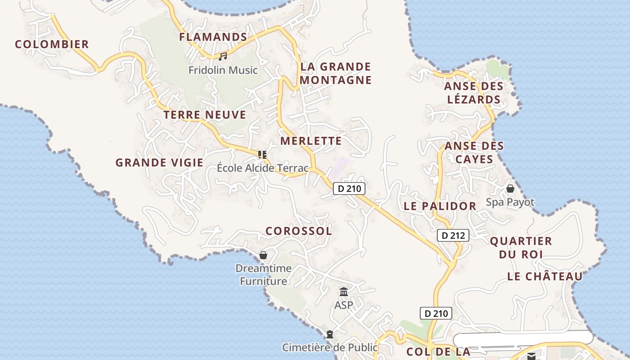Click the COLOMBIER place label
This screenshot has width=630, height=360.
click(x=52, y=44)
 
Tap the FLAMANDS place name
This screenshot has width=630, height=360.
click(x=213, y=37)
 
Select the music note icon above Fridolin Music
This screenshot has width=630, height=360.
click(x=223, y=56)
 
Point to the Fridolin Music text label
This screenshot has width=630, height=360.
click(x=223, y=70)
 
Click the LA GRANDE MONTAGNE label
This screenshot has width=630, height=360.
click(x=336, y=73)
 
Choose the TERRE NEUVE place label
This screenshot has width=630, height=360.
click(x=205, y=115)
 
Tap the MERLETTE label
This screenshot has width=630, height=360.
click(x=311, y=141)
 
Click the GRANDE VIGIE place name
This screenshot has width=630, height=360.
click(x=159, y=162)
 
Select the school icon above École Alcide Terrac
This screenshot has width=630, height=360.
click(x=263, y=155)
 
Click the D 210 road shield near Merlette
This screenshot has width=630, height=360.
click(x=349, y=189)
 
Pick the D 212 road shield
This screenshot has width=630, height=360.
click(x=453, y=235)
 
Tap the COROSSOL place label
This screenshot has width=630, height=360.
click(x=299, y=231)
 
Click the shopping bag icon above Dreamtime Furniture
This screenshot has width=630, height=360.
click(x=263, y=255)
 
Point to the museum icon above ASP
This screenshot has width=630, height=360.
click(x=344, y=292)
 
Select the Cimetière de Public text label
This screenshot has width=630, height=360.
click(x=330, y=347)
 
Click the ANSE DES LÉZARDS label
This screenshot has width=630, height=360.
click(x=473, y=93)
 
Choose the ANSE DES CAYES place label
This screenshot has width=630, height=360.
click(x=474, y=153)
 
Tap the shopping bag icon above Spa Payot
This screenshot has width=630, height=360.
click(x=510, y=189)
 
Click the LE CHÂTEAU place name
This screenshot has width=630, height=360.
click(x=545, y=276)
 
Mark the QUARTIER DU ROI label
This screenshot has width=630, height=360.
click(x=521, y=247)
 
